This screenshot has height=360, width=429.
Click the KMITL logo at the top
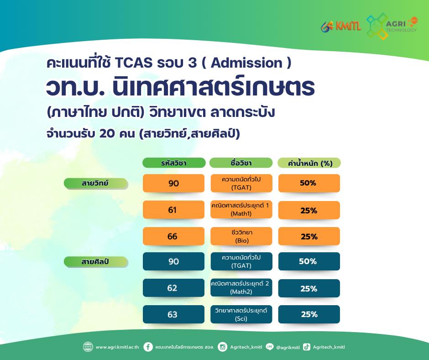click(341, 26)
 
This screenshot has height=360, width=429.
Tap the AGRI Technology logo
click(392, 26)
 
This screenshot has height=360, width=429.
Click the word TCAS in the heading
click(134, 63)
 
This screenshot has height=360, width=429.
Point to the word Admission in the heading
click(246, 63)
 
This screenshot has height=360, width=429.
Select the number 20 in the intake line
click(107, 133)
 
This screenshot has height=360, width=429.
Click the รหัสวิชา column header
click(174, 163)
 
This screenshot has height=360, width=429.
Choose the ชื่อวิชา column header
click(241, 163)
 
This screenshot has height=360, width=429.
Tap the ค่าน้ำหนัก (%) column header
click(309, 163)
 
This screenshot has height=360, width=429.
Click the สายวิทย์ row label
click(96, 183)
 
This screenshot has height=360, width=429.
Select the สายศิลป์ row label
click(96, 262)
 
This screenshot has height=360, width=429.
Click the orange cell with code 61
click(173, 210)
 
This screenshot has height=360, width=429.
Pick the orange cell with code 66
click(173, 236)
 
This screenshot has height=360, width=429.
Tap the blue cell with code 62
click(173, 288)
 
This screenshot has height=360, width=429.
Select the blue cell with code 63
click(173, 314)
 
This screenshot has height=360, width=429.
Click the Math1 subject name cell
click(241, 210)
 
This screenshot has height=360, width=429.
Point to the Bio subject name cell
click(241, 236)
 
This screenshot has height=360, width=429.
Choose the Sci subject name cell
click(241, 314)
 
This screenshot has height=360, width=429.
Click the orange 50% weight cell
click(309, 183)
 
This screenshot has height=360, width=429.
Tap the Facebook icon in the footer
click(148, 347)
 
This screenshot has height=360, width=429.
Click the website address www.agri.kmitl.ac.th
click(117, 347)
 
